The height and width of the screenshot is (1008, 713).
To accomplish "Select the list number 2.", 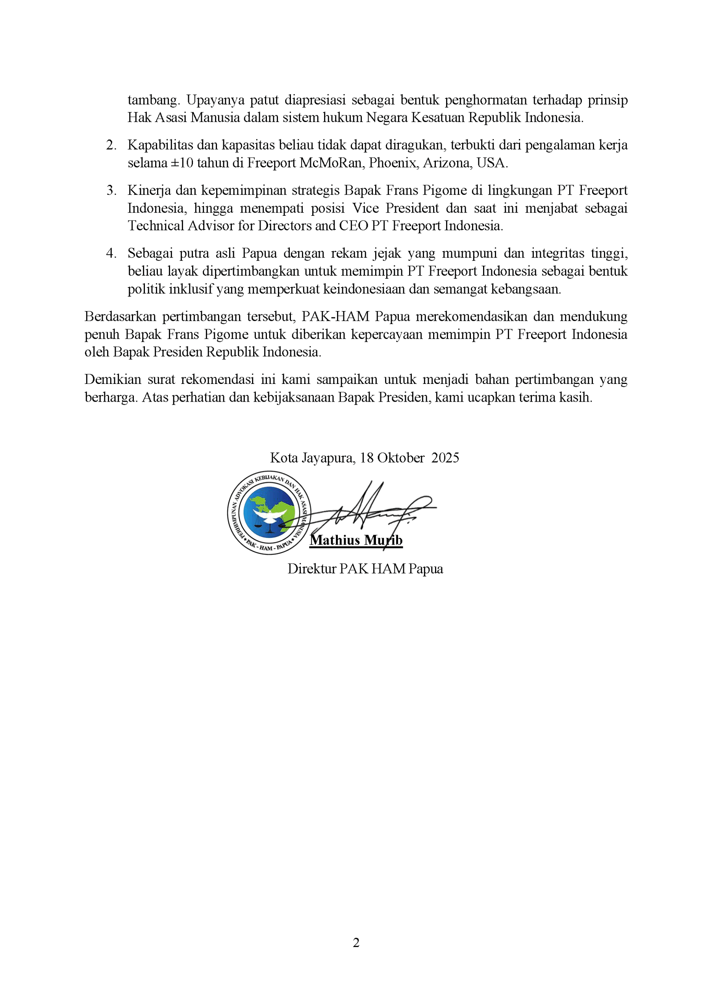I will tap(111, 145).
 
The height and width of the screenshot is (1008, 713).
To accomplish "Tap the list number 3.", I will tap(111, 191).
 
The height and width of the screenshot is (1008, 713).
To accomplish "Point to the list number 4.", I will tap(111, 254).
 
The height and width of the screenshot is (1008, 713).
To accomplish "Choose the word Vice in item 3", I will tap(365, 209).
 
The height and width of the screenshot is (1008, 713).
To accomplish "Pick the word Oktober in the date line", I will tap(401, 458).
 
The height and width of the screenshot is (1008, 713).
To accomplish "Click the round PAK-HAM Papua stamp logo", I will tap(269, 513).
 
